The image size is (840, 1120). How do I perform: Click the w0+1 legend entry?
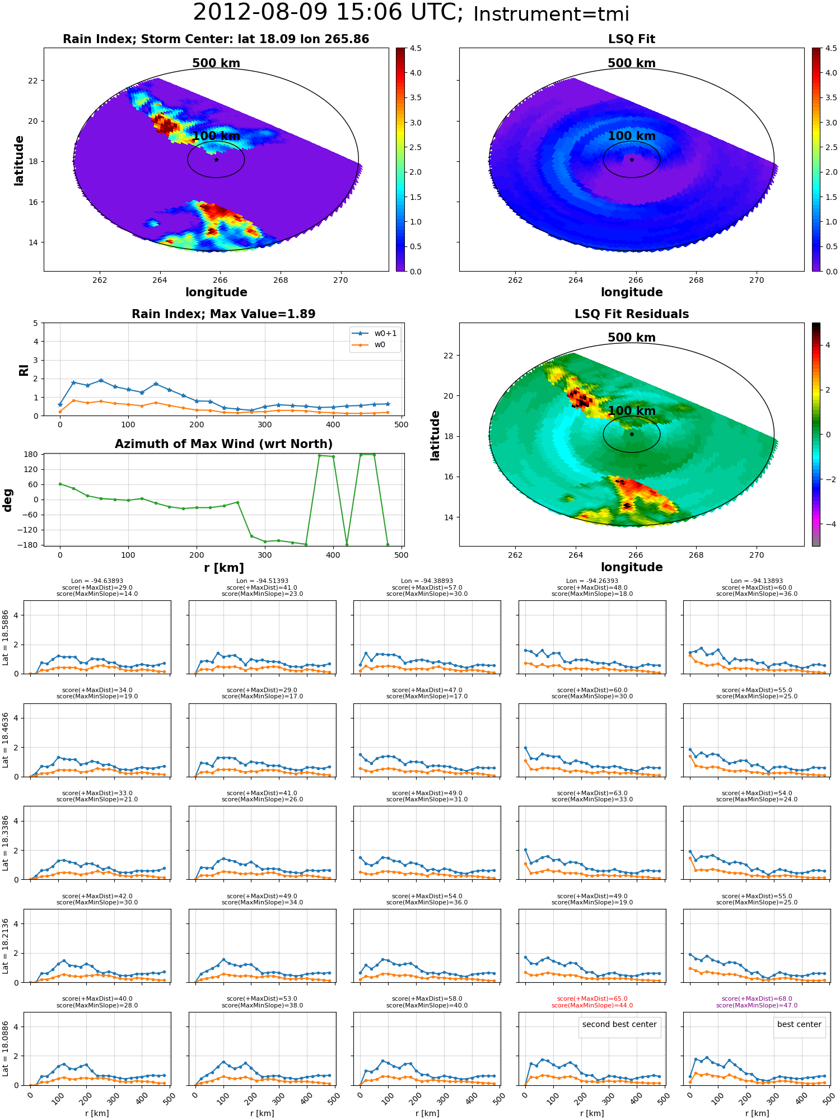point(374,333)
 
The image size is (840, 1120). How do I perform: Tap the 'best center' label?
point(799,1024)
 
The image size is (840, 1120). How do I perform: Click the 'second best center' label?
point(619,1024)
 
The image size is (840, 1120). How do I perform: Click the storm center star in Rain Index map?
point(216,160)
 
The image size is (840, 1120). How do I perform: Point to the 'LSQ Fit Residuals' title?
point(632,314)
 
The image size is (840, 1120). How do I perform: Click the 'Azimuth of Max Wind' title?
point(223,444)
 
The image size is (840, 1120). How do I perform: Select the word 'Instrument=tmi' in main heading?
point(552,14)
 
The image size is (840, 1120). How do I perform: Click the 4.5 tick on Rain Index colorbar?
point(416,48)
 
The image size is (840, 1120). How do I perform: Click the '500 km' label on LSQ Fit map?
point(632,63)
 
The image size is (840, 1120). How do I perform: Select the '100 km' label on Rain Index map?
point(216,136)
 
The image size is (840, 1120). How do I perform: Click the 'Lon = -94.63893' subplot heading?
point(97,581)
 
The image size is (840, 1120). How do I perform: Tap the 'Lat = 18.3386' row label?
point(6,843)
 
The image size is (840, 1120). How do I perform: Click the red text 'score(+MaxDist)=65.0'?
point(592,998)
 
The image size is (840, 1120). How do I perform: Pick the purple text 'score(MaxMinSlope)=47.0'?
point(757,1005)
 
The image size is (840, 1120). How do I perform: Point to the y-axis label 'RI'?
point(24,370)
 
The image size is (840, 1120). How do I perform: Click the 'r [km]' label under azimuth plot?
point(223,568)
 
